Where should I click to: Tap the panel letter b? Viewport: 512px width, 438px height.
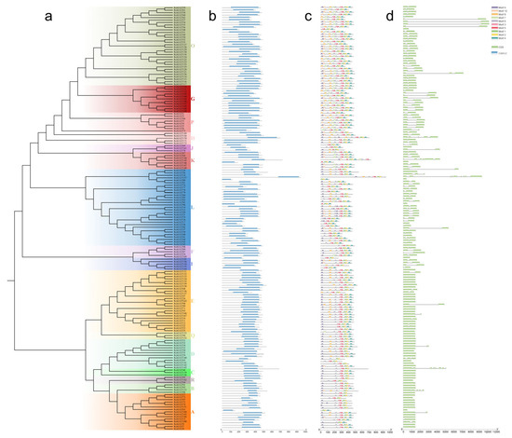coord(212,16)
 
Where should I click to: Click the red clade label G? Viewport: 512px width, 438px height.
coord(192,97)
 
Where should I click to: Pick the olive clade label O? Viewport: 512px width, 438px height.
coord(193,45)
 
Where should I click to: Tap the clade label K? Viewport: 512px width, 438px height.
coord(193,161)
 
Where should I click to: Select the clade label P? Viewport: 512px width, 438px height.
coord(193,122)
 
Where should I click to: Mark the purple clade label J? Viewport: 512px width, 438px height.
coord(193,148)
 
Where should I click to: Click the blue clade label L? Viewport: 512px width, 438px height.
coord(193,207)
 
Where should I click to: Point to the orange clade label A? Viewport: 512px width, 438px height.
coord(193,410)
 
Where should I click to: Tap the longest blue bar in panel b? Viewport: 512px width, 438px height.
coord(288,177)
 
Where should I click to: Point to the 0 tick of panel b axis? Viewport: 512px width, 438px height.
coord(222,430)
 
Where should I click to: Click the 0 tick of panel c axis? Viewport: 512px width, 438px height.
coord(320,430)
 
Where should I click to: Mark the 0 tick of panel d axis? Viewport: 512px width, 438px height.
coord(403,430)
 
